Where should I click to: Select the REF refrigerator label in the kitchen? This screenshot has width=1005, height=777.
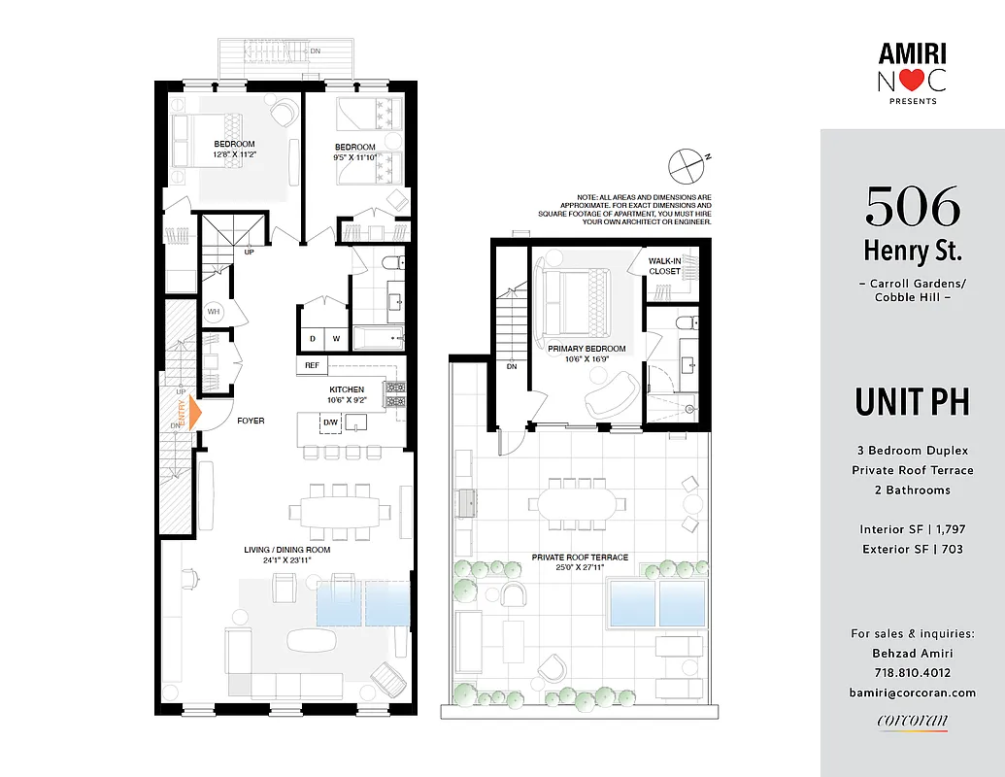click(312, 365)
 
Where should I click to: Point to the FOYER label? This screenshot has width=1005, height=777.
click(251, 421)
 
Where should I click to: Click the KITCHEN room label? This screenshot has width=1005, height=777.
click(346, 388)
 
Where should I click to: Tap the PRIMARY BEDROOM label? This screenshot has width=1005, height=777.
click(586, 349)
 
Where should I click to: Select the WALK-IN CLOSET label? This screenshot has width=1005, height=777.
click(665, 266)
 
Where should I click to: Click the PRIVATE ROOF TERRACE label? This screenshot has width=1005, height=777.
click(580, 557)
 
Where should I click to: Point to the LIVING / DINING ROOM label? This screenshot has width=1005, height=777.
click(286, 550)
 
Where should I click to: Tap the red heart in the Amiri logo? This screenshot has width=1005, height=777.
click(912, 82)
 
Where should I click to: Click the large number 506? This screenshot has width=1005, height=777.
click(912, 206)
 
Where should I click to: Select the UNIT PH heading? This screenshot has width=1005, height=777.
click(912, 401)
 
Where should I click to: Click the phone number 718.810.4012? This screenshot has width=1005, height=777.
click(912, 672)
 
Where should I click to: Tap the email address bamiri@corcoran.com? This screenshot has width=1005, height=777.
click(912, 693)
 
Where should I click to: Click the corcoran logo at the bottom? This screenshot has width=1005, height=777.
click(912, 721)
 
